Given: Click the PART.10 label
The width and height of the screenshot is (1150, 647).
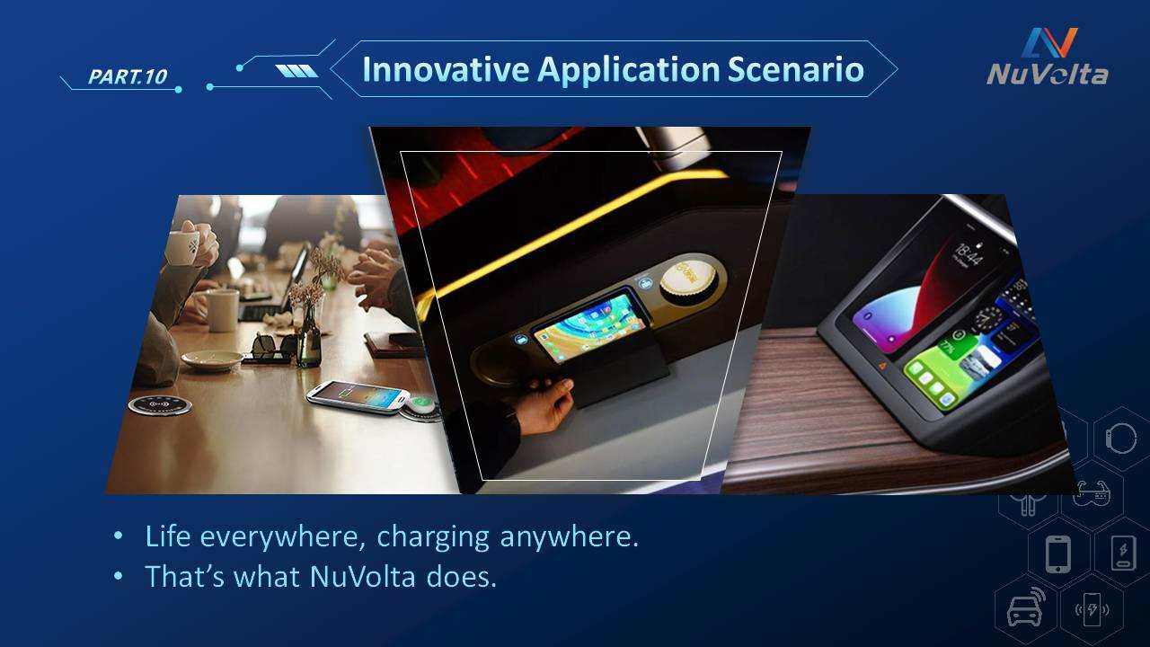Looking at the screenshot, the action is (x=128, y=76).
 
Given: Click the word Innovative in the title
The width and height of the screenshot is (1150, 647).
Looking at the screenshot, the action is (x=446, y=69).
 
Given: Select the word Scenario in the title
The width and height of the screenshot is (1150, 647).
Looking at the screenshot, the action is (x=796, y=69).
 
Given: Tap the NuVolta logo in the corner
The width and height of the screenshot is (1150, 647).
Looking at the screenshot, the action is (x=1048, y=57).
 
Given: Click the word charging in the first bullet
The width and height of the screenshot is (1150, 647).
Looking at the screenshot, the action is (x=433, y=538).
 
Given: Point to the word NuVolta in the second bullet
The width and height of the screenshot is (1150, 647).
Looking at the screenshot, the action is (x=362, y=576).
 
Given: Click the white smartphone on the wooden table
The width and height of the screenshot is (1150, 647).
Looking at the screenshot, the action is (x=358, y=397).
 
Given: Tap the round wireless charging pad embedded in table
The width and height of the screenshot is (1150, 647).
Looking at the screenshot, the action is (x=160, y=405).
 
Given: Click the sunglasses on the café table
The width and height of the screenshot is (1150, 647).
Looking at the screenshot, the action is (x=274, y=349).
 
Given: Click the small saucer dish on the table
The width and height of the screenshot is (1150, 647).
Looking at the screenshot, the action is (x=211, y=359).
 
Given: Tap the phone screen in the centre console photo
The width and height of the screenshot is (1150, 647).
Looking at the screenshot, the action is (x=589, y=328).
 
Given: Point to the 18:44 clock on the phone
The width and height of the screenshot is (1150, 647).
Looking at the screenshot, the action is (x=969, y=255).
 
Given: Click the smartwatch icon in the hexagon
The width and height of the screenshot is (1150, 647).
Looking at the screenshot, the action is (x=1120, y=439).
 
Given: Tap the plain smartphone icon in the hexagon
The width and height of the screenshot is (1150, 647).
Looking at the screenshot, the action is (x=1058, y=554).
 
